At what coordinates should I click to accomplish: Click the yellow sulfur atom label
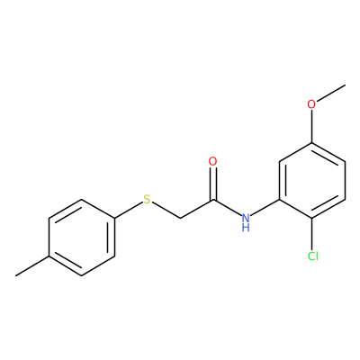[x=147, y=199]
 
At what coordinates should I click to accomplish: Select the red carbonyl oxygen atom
[x=212, y=161]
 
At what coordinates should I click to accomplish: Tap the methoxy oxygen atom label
[x=312, y=104]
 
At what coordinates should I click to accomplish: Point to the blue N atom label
[x=246, y=217]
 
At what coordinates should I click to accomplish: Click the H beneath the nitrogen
[x=246, y=228]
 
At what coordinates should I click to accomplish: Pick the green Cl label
[x=313, y=256]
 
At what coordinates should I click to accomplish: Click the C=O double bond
[x=213, y=184]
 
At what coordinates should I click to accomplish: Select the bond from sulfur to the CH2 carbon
[x=166, y=210]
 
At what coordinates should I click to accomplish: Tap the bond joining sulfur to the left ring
[x=129, y=210]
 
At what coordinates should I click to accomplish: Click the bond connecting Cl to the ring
[x=312, y=235]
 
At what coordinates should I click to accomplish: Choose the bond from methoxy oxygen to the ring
[x=312, y=126]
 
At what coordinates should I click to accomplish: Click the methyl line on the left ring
[x=32, y=265]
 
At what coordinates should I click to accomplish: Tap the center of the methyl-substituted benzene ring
[x=82, y=237]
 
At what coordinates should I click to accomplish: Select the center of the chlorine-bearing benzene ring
[x=312, y=180]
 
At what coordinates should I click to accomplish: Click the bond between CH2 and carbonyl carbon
[x=196, y=209]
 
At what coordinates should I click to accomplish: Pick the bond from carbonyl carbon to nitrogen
[x=227, y=207]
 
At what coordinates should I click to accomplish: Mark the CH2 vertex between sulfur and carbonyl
[x=180, y=218]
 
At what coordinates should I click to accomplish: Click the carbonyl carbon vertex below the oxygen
[x=213, y=199]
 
